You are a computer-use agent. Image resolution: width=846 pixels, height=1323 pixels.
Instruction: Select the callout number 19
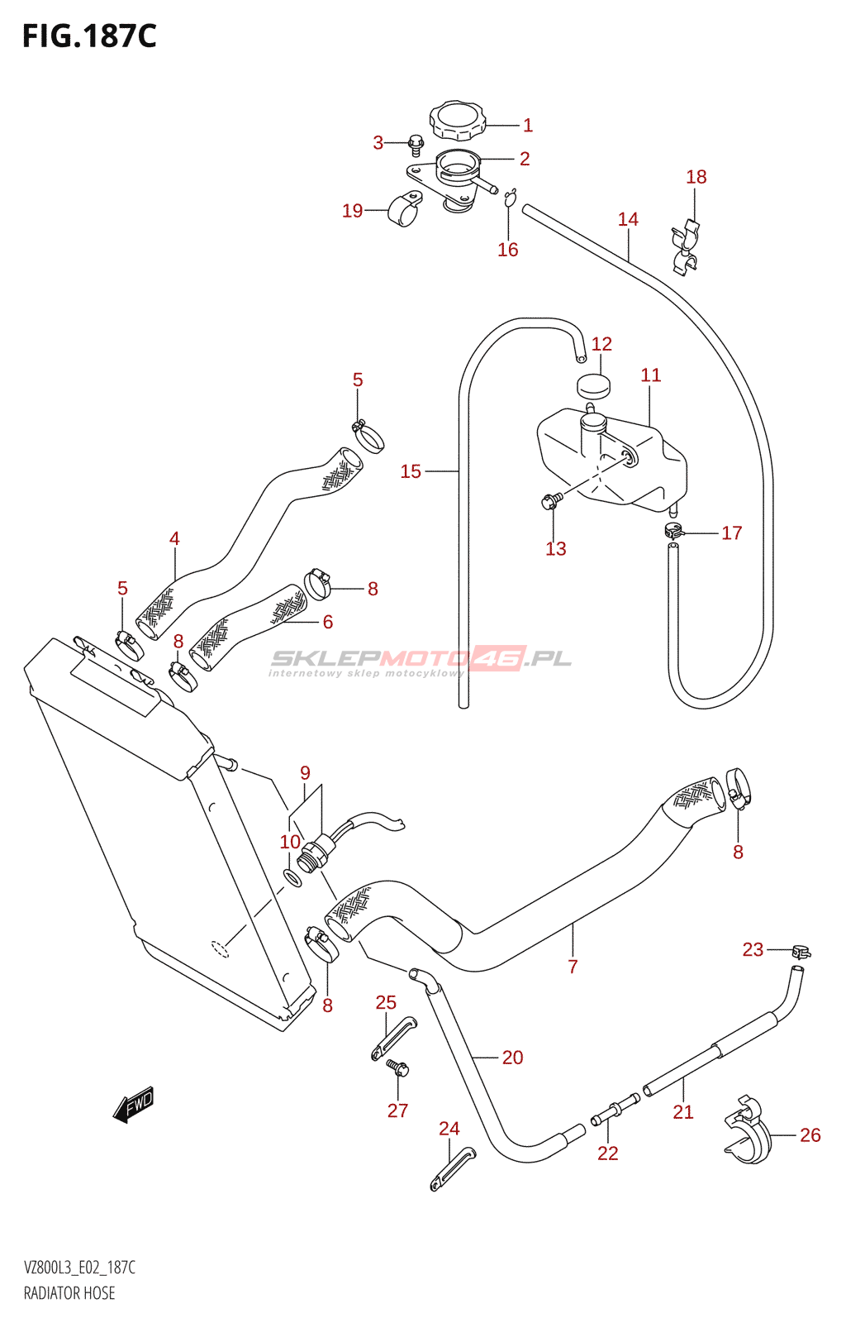(352, 210)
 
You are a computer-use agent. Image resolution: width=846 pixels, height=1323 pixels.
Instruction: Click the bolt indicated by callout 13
(550, 501)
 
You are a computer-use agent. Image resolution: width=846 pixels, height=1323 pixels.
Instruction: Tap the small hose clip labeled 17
(673, 531)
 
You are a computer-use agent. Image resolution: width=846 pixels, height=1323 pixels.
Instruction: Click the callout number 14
(628, 219)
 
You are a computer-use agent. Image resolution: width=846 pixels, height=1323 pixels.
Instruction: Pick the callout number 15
(411, 470)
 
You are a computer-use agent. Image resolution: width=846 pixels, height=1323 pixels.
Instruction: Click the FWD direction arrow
(133, 1104)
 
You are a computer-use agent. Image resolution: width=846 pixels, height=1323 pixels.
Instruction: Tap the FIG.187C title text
(90, 36)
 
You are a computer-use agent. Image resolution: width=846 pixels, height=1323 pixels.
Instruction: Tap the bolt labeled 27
(397, 1067)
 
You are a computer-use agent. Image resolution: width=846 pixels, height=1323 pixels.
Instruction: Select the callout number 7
(573, 967)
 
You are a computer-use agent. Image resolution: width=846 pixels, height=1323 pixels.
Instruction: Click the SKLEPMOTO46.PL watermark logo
(420, 661)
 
